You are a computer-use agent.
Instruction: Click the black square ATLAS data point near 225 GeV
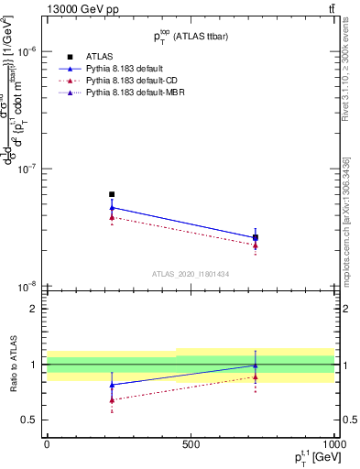click(x=112, y=194)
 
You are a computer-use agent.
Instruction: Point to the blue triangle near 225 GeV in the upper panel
click(x=112, y=208)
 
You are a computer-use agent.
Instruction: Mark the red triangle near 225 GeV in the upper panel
click(x=112, y=217)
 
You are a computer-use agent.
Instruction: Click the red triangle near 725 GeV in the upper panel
click(x=256, y=245)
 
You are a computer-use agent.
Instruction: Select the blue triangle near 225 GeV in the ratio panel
click(x=112, y=385)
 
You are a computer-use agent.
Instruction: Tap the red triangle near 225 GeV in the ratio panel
click(x=112, y=399)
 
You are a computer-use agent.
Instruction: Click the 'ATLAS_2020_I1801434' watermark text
click(x=190, y=274)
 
